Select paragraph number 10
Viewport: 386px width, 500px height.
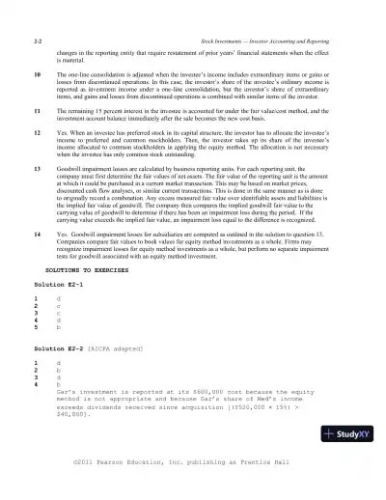pyautogui.click(x=37, y=73)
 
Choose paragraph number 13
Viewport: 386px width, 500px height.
pyautogui.click(x=37, y=168)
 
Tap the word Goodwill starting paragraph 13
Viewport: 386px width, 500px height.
pyautogui.click(x=73, y=168)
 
